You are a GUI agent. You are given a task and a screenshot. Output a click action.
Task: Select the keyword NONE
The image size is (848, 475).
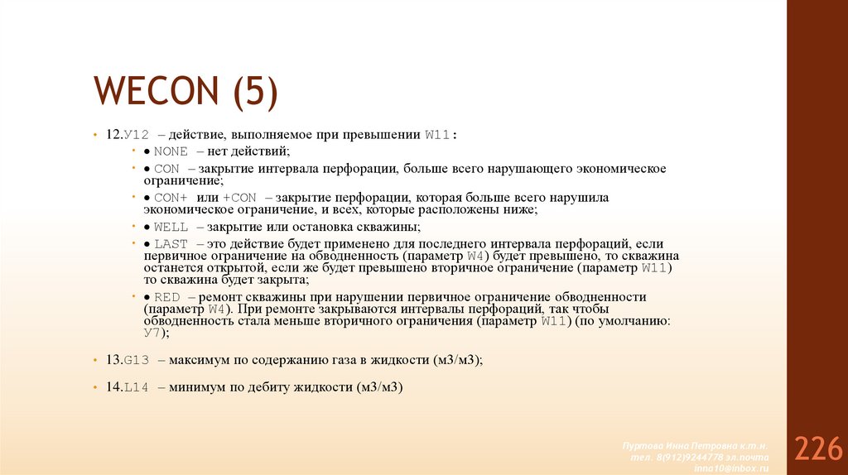pyautogui.click(x=171, y=151)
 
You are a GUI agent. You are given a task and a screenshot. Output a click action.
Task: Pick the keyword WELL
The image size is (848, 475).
pyautogui.click(x=171, y=227)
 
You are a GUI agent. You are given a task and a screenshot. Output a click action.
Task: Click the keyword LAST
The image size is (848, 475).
pyautogui.click(x=171, y=244)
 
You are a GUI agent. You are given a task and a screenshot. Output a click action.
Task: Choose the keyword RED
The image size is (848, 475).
pyautogui.click(x=167, y=297)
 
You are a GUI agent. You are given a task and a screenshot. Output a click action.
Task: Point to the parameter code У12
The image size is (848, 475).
pyautogui.click(x=136, y=134)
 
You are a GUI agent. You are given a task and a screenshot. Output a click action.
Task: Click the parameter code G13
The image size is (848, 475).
pyautogui.click(x=135, y=361)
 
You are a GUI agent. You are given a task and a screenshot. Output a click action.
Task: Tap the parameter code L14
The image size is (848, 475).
pyautogui.click(x=136, y=387)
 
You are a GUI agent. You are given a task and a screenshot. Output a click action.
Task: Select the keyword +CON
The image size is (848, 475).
pyautogui.click(x=240, y=198)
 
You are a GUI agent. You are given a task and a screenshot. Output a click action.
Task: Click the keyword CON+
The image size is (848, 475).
pyautogui.click(x=171, y=198)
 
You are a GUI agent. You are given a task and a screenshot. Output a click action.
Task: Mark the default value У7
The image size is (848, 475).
pyautogui.click(x=152, y=333)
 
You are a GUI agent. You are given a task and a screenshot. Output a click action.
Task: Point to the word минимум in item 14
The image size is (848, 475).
pyautogui.click(x=199, y=387)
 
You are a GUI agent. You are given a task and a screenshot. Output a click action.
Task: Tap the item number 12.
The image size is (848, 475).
pyautogui.click(x=113, y=134)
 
